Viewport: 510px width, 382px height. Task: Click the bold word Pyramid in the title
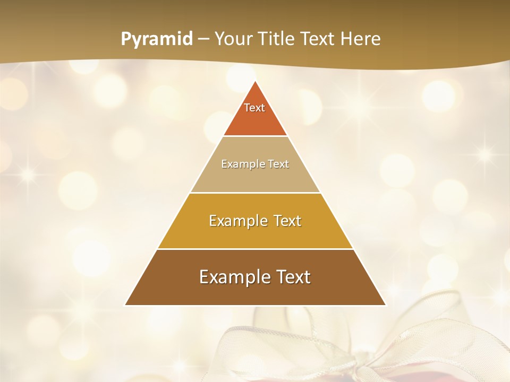click(x=157, y=39)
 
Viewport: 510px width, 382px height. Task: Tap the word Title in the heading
click(x=278, y=39)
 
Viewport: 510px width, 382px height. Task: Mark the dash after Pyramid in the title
click(x=203, y=39)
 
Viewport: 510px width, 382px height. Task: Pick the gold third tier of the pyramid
click(x=255, y=233)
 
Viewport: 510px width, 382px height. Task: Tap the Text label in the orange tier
click(x=254, y=108)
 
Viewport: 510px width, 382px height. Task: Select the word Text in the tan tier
click(x=278, y=164)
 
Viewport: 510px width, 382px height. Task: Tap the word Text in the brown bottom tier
click(x=291, y=277)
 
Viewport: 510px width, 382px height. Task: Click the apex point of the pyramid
click(x=256, y=81)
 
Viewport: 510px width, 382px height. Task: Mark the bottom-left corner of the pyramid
click(x=125, y=305)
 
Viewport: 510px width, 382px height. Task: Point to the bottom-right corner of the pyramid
click(x=386, y=305)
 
